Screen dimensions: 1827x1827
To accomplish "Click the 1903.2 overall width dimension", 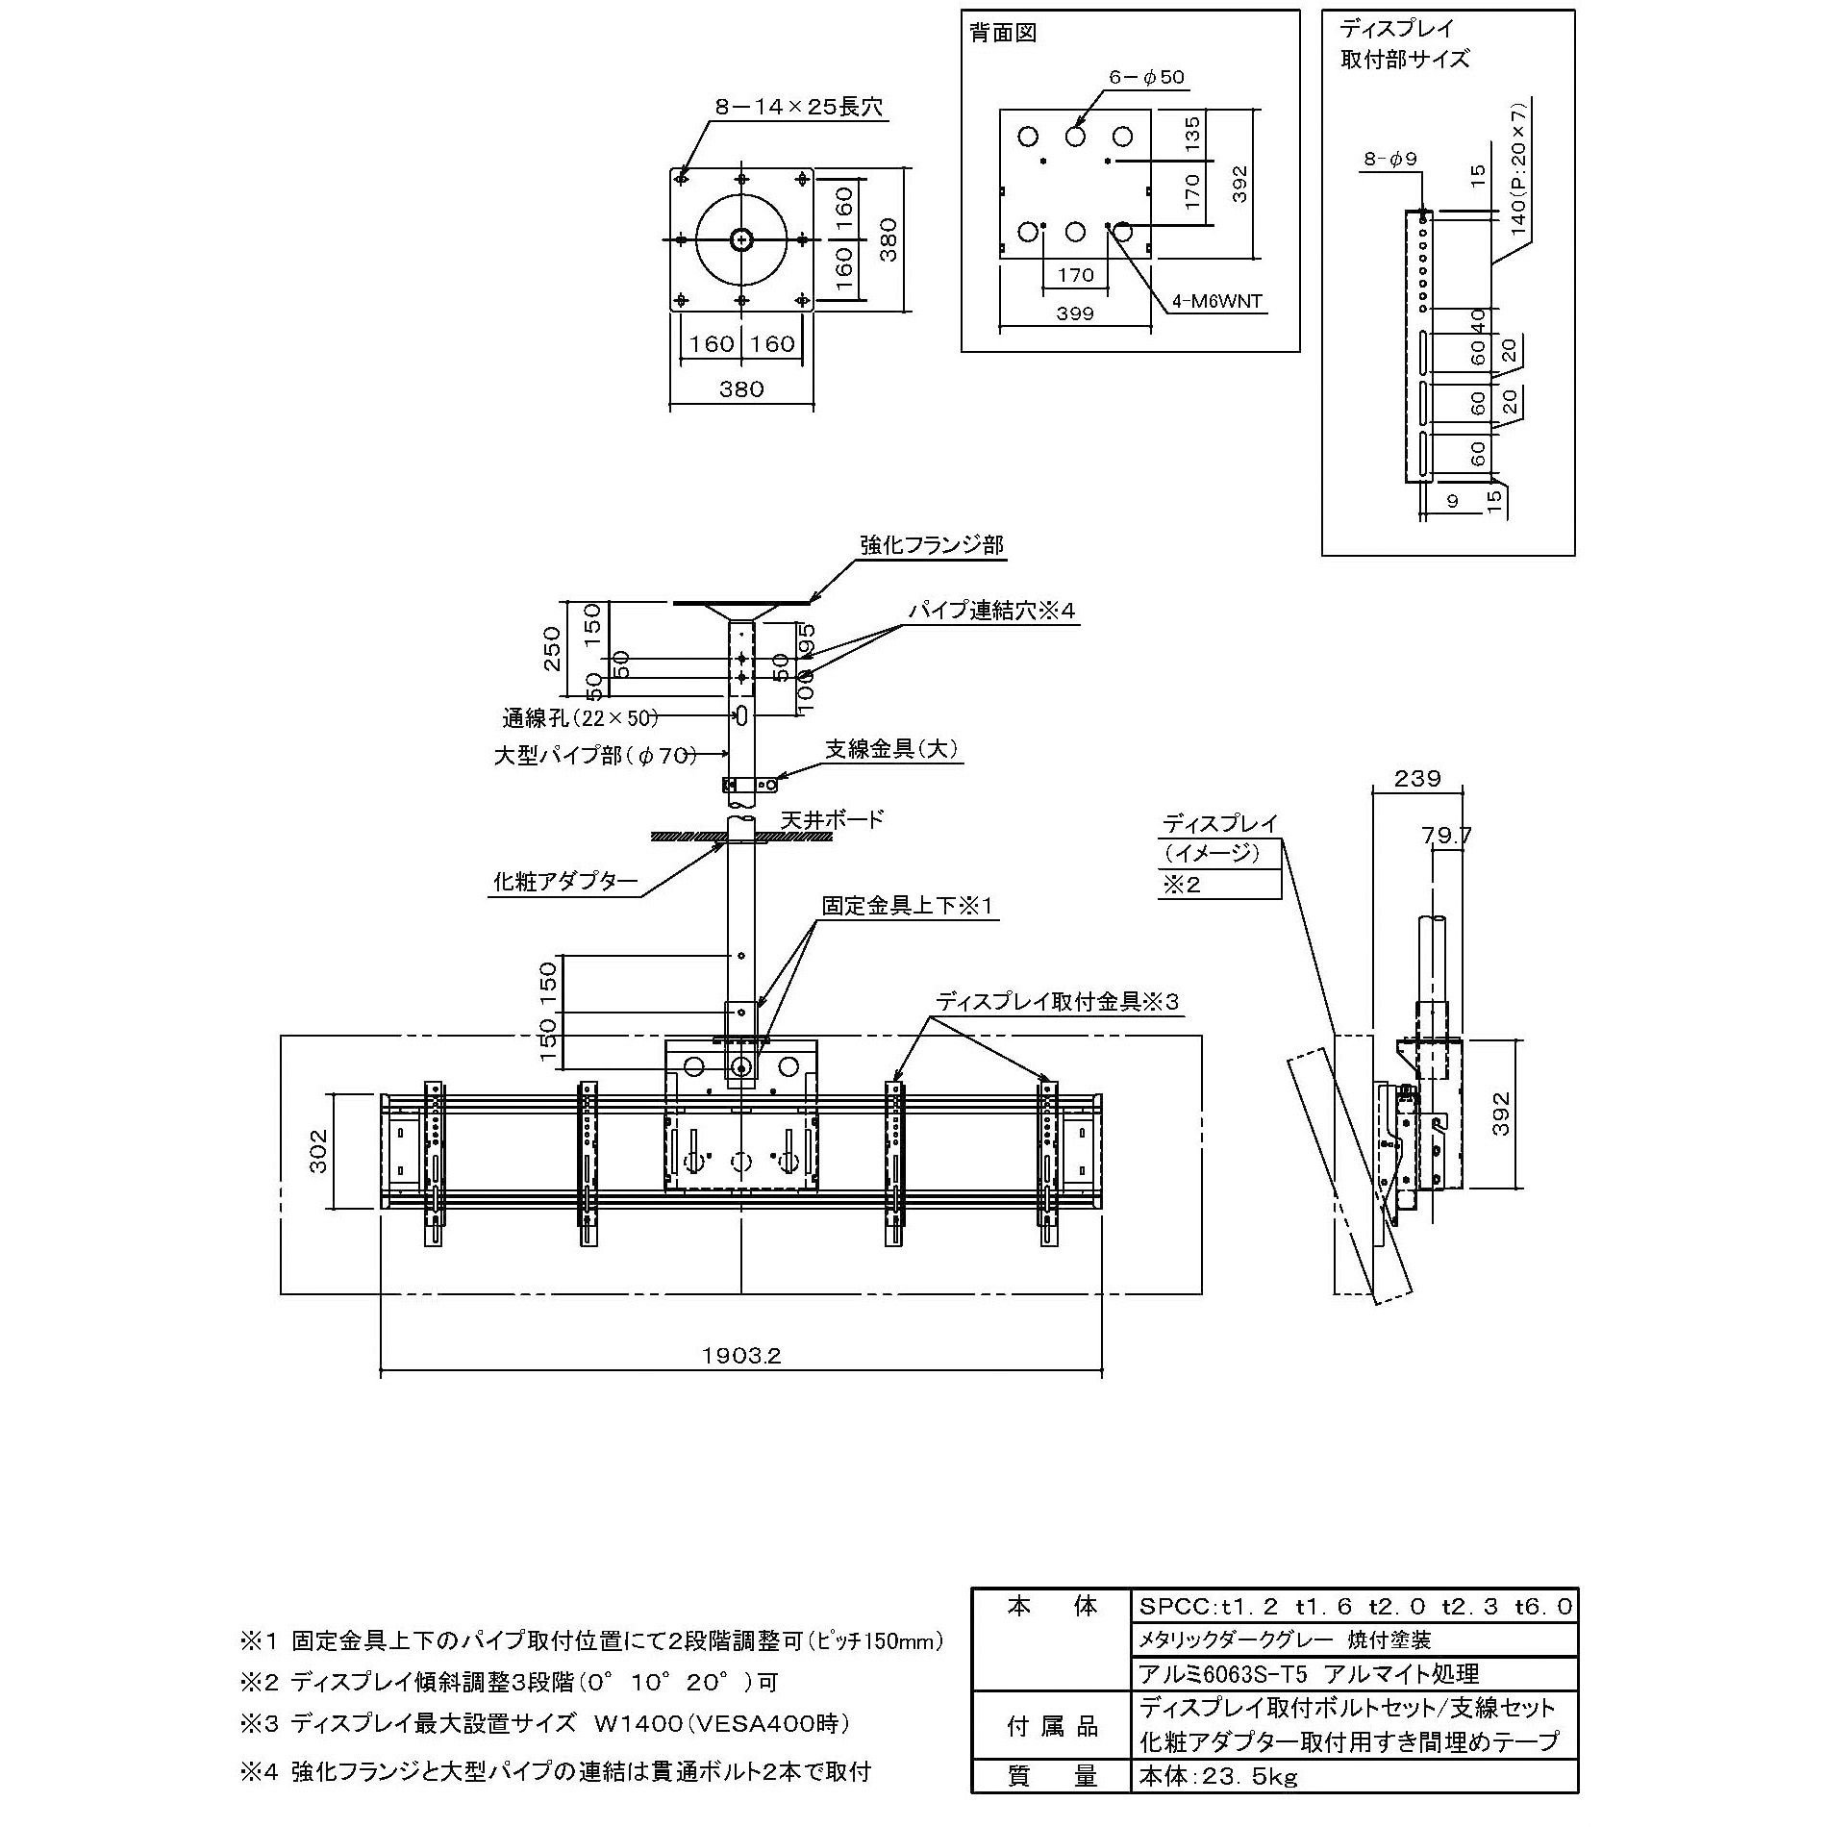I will click(x=741, y=1355).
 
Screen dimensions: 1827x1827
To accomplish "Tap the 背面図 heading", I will click(x=1003, y=34).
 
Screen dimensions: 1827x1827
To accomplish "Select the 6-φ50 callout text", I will click(x=1146, y=77).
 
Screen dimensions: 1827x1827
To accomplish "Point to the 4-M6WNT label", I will click(x=1216, y=302).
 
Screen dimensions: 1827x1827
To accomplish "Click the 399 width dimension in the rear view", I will click(x=1075, y=313).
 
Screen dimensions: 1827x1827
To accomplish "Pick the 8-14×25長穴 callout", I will click(x=798, y=107).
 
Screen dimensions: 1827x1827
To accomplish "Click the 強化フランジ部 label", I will click(x=931, y=545).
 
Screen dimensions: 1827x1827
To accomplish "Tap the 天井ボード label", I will click(x=832, y=819).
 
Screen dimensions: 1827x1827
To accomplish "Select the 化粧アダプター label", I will click(x=565, y=882).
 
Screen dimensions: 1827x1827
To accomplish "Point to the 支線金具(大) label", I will click(x=892, y=749).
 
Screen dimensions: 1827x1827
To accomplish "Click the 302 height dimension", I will click(x=318, y=1150).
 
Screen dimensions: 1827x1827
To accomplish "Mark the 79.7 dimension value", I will click(x=1446, y=836).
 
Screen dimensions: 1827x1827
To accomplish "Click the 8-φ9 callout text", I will click(x=1389, y=160).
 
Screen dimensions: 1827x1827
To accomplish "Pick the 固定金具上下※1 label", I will click(x=906, y=905).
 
